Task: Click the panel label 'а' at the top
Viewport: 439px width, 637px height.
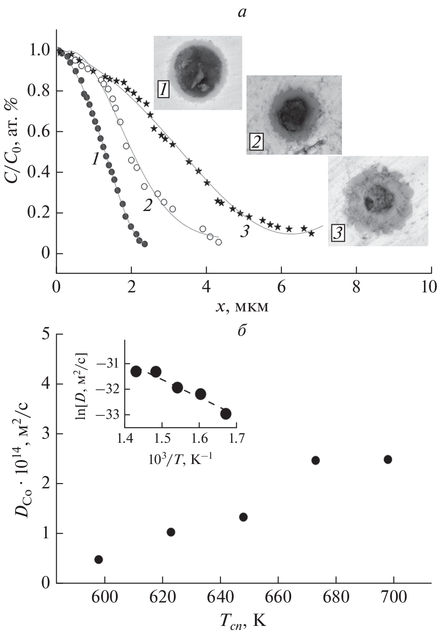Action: click(x=242, y=12)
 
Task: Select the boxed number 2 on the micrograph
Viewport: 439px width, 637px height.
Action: click(x=255, y=142)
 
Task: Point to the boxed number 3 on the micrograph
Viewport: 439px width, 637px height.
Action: click(x=337, y=233)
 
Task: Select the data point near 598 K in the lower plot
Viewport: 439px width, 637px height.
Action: click(x=99, y=560)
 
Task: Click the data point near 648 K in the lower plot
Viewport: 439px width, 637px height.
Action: click(x=243, y=517)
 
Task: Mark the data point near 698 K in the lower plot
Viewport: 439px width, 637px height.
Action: click(x=388, y=459)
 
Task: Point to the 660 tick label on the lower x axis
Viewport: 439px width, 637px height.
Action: click(x=278, y=597)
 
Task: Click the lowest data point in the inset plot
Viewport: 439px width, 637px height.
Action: click(x=226, y=414)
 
